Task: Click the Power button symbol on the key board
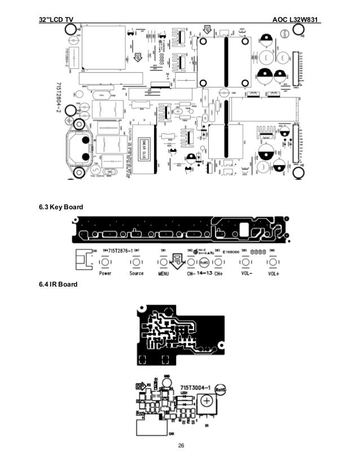pos(105,263)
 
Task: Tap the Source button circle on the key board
pos(136,263)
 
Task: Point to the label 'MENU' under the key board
pos(164,274)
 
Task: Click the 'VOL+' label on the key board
pos(274,274)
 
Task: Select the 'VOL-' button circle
pos(246,263)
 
